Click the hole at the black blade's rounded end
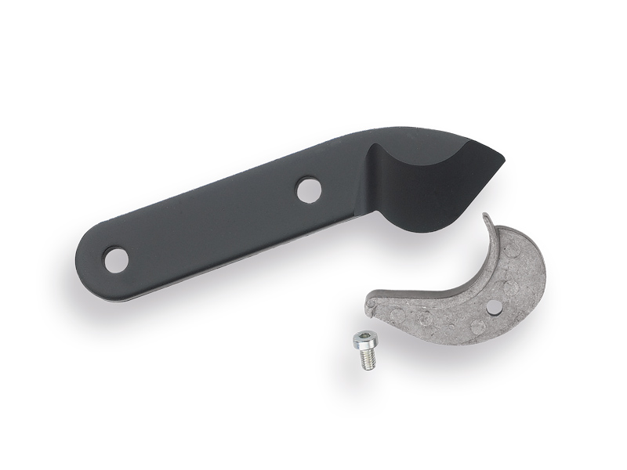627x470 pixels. click(x=116, y=259)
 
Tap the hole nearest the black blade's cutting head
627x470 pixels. click(x=309, y=189)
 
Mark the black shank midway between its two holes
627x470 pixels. click(x=212, y=224)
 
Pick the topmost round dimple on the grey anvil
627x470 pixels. click(x=512, y=251)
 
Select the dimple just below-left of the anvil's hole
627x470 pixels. click(x=476, y=326)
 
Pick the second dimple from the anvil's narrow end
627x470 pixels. click(x=424, y=320)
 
